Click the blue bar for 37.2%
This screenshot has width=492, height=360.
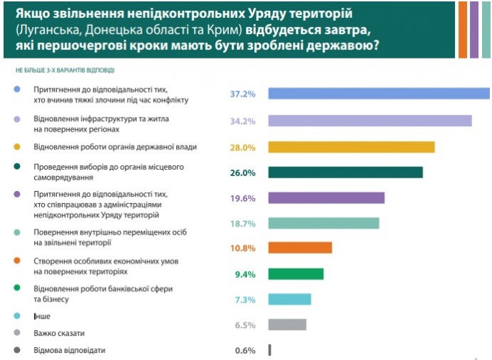tap(378, 93)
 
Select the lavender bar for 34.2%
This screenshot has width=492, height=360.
tap(369, 120)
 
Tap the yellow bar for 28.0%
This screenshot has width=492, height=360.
tap(351, 147)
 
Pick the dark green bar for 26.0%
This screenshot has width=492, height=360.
tap(345, 173)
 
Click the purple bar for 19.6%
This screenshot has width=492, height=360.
tap(326, 198)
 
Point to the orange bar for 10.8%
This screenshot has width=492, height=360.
tap(299, 248)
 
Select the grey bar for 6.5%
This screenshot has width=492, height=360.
tap(287, 324)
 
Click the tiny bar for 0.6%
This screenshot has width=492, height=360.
tap(270, 350)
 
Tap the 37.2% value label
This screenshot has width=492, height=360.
tap(242, 93)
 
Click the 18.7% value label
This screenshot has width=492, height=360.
tap(242, 223)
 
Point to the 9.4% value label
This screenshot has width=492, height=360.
tap(245, 274)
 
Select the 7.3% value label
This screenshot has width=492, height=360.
tap(245, 299)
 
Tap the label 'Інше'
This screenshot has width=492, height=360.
tap(42, 316)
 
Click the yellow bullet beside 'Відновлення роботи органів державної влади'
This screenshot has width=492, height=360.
tap(16, 148)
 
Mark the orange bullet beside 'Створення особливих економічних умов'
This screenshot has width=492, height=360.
tap(16, 261)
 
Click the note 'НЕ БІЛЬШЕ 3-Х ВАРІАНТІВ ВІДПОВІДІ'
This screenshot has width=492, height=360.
tap(65, 71)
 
